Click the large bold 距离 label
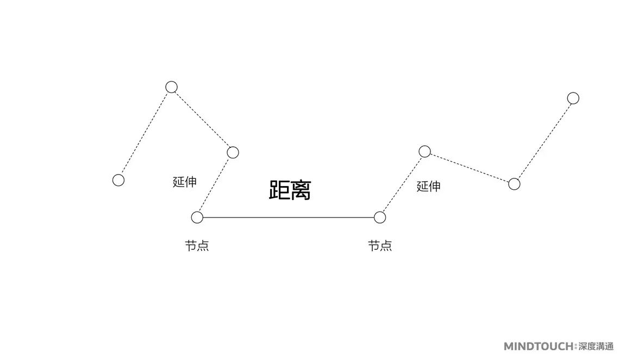pos(290,190)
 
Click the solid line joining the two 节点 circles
pos(288,218)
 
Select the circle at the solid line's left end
pos(197,218)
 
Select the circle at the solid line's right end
pos(380,218)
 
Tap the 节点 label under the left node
pos(197,246)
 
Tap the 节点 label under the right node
pos(380,246)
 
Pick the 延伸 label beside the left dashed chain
pos(185,182)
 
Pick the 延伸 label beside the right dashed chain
pos(428,187)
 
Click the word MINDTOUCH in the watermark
pos(538,346)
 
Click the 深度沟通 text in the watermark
pos(596,346)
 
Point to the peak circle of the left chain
pos(172,87)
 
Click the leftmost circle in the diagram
pos(118,180)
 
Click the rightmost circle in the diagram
pos(573,98)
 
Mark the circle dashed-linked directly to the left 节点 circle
pos(233,152)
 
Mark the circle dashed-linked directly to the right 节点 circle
pos(424,151)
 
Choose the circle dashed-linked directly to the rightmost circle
pos(514,184)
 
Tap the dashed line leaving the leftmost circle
pos(145,133)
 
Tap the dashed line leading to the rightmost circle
pos(543,141)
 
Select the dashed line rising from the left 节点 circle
pos(215,185)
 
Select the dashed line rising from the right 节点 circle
pos(402,184)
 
